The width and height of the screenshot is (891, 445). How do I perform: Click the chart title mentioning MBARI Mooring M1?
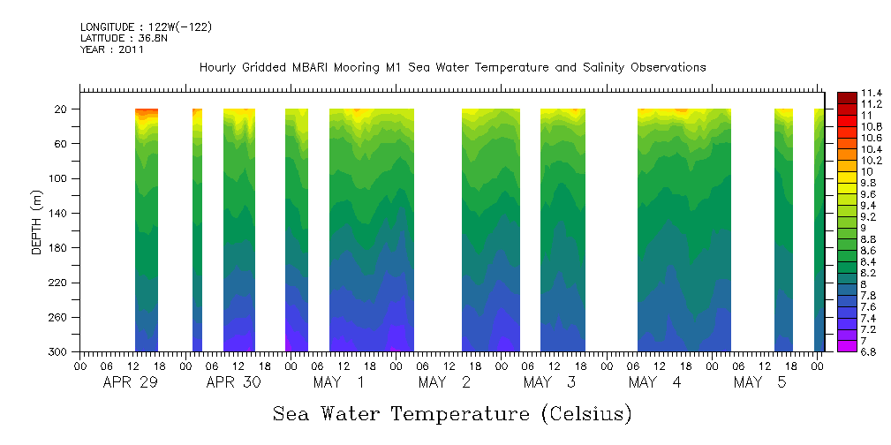click(x=452, y=67)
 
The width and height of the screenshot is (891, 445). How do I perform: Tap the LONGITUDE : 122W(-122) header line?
click(x=146, y=27)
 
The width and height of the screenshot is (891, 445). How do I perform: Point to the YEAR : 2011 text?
click(x=111, y=49)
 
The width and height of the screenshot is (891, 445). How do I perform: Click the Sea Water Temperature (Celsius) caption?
click(x=452, y=413)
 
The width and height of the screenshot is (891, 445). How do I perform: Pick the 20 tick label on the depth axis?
click(x=61, y=109)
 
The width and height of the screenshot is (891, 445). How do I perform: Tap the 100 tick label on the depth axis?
click(x=58, y=178)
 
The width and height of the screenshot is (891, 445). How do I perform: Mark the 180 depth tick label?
click(x=58, y=248)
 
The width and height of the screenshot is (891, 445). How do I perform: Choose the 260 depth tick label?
click(x=58, y=317)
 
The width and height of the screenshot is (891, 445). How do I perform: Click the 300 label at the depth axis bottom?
click(x=58, y=352)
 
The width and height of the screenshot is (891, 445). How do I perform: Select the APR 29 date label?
click(x=130, y=382)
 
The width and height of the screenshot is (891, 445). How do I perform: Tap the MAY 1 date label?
click(x=339, y=382)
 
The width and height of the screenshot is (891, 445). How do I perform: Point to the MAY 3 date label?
click(x=549, y=382)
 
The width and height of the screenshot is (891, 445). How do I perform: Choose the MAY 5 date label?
click(x=759, y=382)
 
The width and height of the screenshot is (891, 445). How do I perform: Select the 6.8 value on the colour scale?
click(x=870, y=351)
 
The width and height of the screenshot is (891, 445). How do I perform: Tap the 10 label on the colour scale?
click(x=867, y=171)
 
